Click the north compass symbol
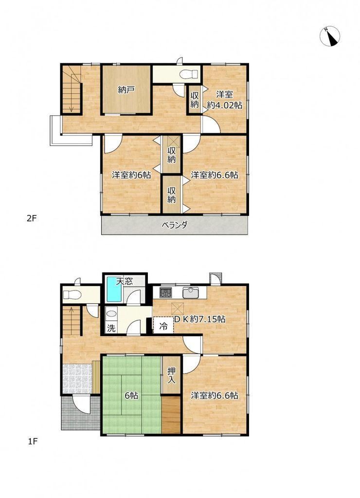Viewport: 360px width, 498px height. (329, 36)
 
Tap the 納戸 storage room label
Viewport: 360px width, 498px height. (126, 90)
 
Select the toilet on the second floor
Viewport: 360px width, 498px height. (189, 74)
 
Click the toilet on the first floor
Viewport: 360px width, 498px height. (72, 295)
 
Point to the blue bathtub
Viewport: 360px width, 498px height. (114, 289)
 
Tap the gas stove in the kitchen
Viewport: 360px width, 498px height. (165, 292)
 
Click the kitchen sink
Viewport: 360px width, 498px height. (190, 292)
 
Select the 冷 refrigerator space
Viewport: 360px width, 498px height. (163, 325)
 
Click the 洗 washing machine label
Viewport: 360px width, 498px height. (111, 328)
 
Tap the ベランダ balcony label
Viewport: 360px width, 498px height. (175, 225)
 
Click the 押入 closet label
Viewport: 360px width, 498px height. (171, 375)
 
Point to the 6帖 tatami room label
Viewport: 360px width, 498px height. (131, 396)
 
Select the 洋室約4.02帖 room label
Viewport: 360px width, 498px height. (225, 100)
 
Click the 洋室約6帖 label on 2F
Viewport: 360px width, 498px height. (131, 175)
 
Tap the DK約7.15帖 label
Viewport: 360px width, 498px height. (199, 319)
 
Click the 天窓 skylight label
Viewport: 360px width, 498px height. (124, 282)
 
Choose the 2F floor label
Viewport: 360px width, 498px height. (32, 218)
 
